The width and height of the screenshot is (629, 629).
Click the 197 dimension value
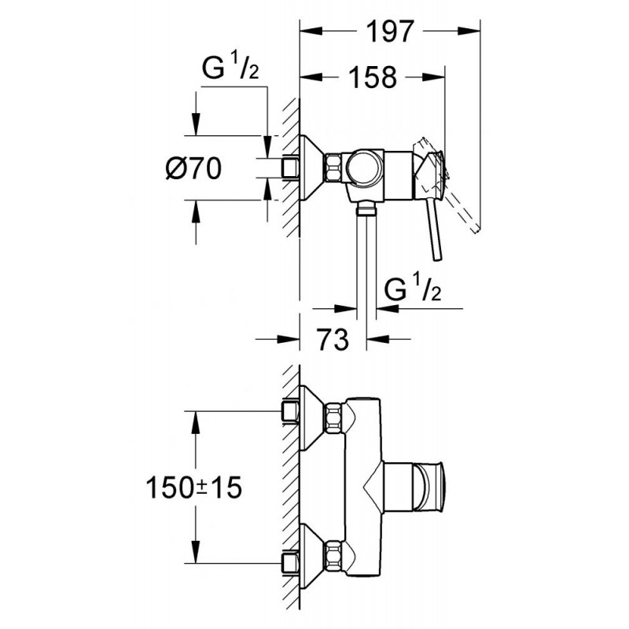pos(389,31)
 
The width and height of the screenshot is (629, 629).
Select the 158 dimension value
pos(373,77)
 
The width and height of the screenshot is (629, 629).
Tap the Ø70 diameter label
pos(193,168)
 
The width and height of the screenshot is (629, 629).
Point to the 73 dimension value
pos(333,339)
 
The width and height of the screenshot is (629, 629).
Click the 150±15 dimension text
pos(193,487)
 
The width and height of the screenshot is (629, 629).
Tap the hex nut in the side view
pos(333,167)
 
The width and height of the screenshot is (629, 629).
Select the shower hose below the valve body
pos(366,261)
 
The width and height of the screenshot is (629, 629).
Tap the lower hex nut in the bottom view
pos(333,556)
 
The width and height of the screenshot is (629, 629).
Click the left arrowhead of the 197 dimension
pos(311,31)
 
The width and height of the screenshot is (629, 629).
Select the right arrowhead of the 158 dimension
pos(434,77)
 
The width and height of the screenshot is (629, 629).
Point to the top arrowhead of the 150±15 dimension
pos(195,422)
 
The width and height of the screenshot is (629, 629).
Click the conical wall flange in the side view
pos(311,167)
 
